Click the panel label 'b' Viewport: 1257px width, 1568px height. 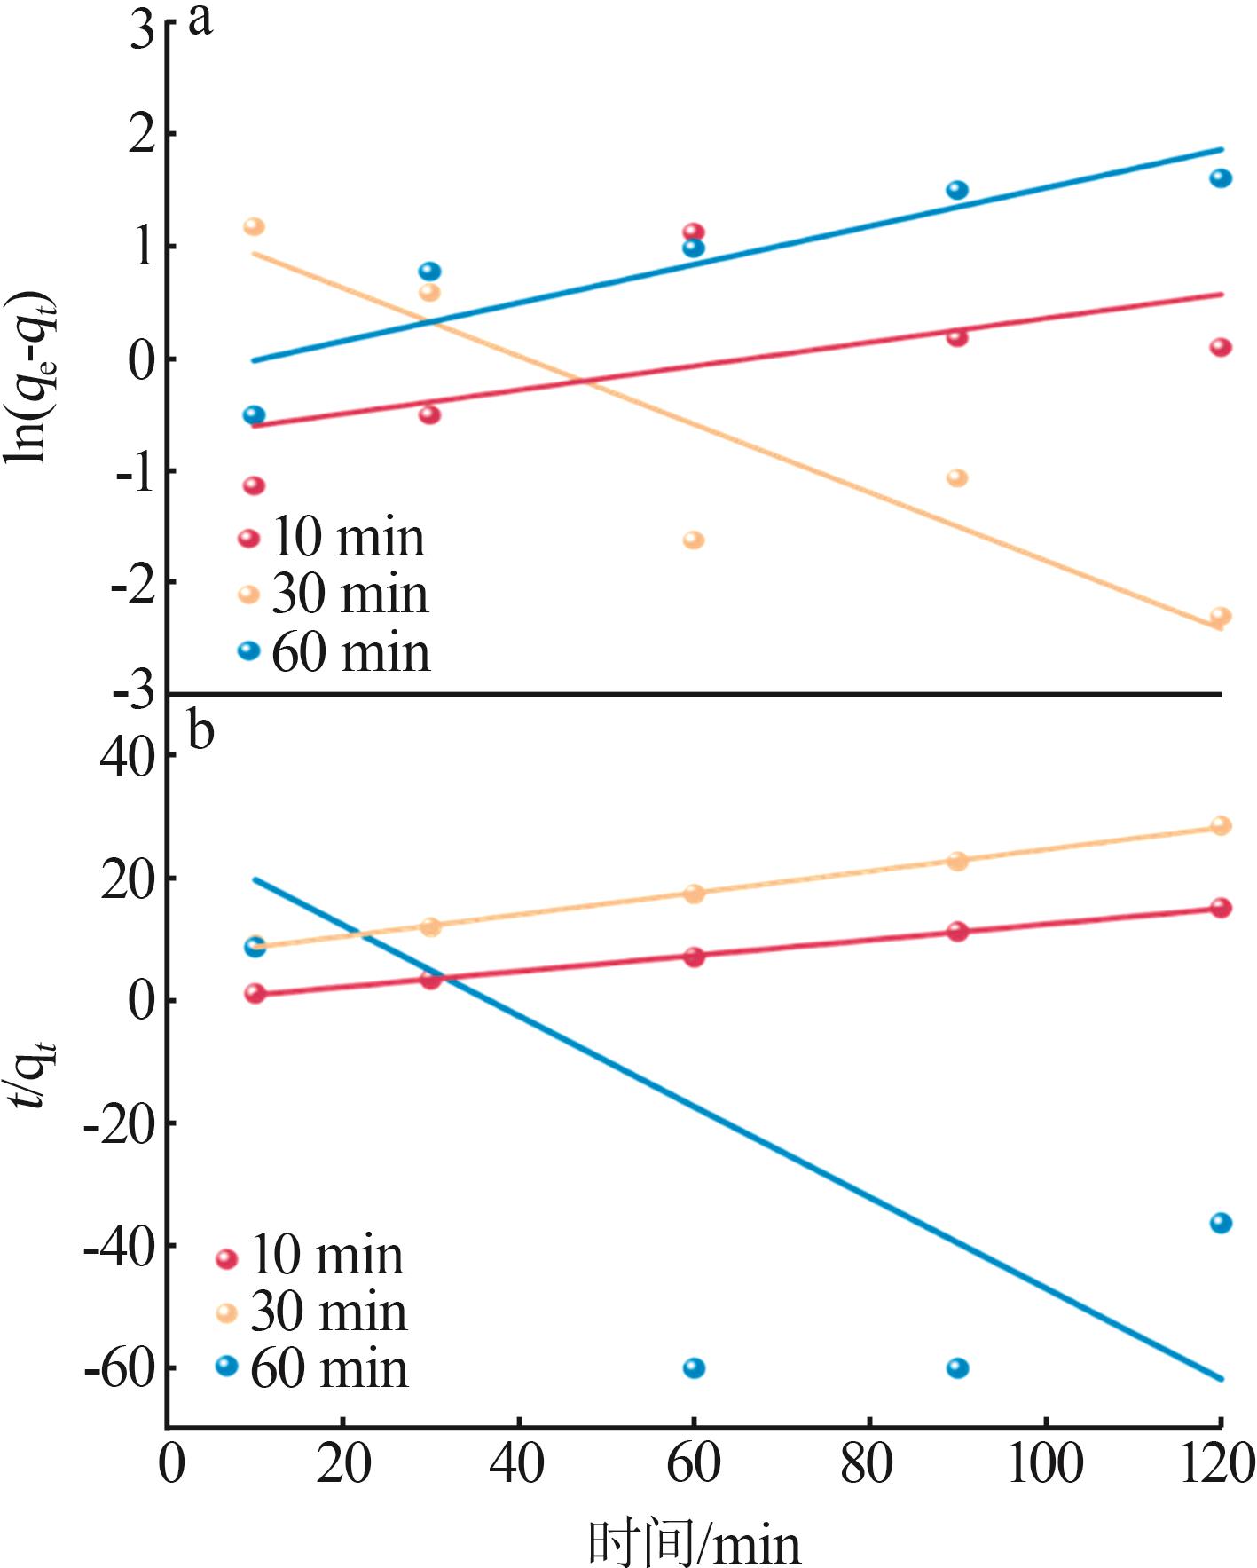201,731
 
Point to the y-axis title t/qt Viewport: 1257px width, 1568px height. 37,1074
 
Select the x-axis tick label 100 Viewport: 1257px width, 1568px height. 1045,1464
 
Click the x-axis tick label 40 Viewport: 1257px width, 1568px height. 517,1464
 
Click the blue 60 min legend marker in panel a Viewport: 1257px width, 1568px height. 249,650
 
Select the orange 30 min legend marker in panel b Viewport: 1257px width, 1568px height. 227,1312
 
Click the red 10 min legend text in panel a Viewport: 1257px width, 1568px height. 348,537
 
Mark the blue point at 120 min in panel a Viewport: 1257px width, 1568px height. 1221,178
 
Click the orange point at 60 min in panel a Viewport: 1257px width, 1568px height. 694,540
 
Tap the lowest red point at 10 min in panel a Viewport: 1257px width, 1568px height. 255,485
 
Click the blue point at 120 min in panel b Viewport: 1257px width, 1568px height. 1221,1223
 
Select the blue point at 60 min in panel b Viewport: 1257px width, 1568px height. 694,1367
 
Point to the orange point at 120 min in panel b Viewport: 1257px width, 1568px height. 1221,825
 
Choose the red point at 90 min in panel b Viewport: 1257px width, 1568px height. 957,931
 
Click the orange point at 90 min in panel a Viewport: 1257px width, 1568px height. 957,477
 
